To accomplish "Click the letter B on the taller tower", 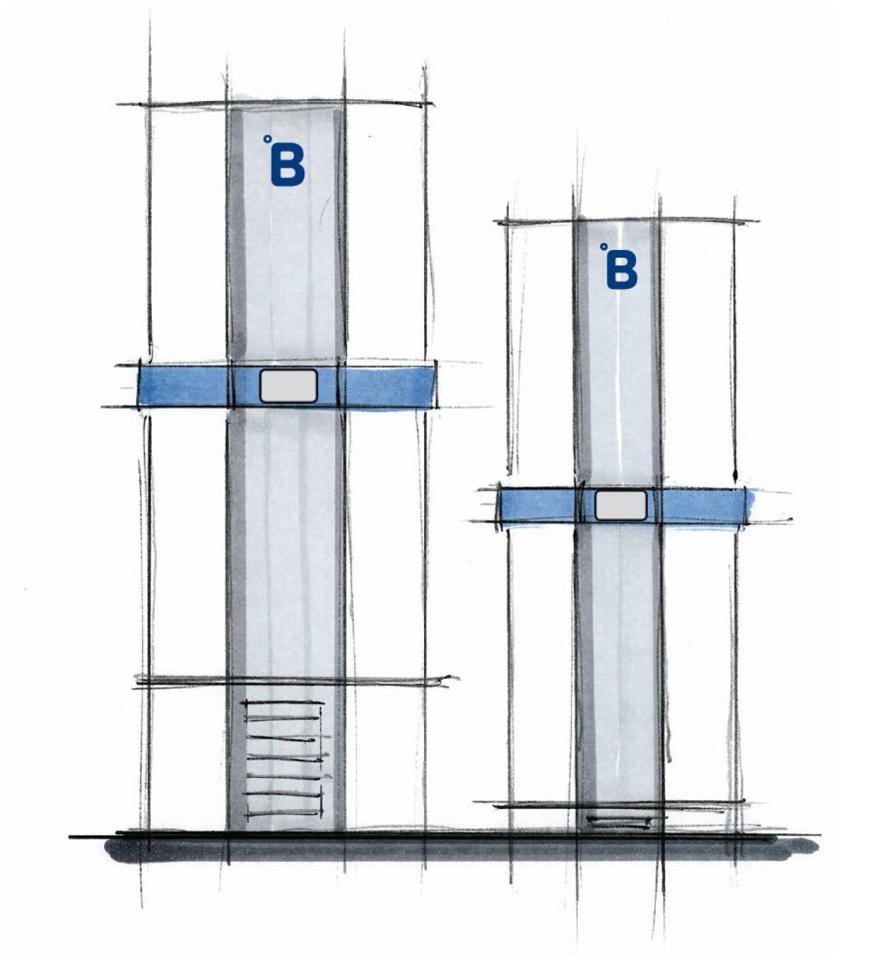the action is [x=288, y=166].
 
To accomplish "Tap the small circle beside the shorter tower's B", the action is [x=604, y=247].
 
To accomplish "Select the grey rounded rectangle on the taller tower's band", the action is [x=288, y=386].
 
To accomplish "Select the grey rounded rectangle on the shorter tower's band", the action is [x=621, y=506].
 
